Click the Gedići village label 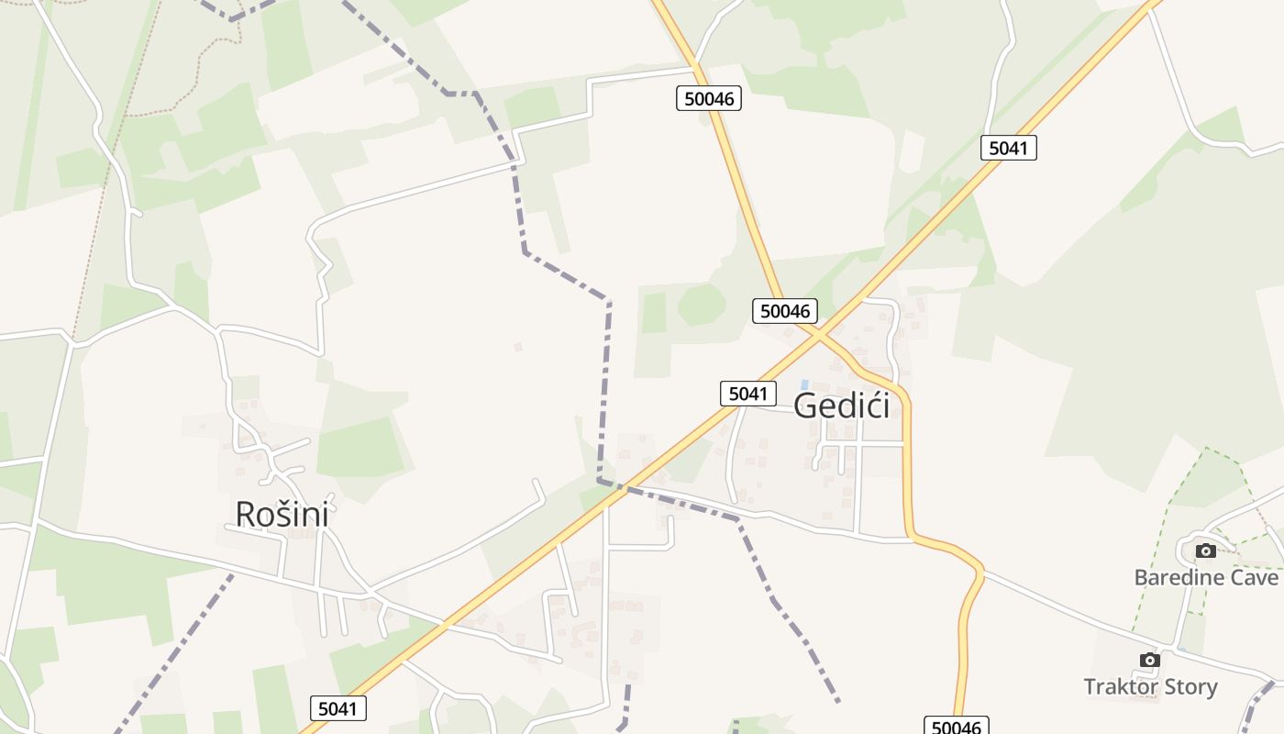tap(841, 405)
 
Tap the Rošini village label tap(282, 514)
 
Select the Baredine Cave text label tap(1205, 577)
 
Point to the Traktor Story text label tap(1150, 686)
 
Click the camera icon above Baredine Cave tap(1206, 550)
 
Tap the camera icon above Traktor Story tap(1149, 660)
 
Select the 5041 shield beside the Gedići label tap(747, 394)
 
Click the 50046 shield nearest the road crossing tap(785, 311)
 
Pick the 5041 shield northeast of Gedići tap(1008, 148)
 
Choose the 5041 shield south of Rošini tap(338, 708)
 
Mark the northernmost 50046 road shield tap(709, 98)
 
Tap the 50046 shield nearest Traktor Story tap(956, 727)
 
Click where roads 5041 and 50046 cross tap(815, 336)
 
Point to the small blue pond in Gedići tap(804, 384)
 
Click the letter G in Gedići tap(806, 405)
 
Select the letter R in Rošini tap(245, 514)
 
